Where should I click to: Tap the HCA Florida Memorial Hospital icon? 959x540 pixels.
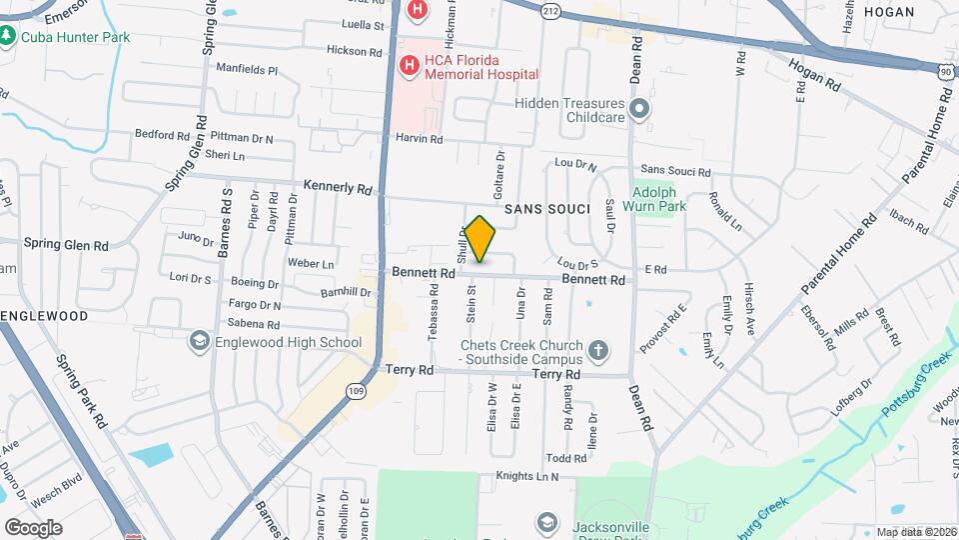point(409,66)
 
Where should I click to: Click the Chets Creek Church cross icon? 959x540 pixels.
point(597,351)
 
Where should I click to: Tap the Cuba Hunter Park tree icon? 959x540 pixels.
point(8,37)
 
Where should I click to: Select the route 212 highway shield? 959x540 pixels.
point(551,11)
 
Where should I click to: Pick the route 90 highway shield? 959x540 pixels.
point(946,72)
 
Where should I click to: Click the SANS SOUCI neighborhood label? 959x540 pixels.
point(541,209)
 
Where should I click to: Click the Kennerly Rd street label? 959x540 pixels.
point(338,188)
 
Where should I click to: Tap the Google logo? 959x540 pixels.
point(33,527)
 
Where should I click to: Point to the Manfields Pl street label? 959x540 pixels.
point(246,71)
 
